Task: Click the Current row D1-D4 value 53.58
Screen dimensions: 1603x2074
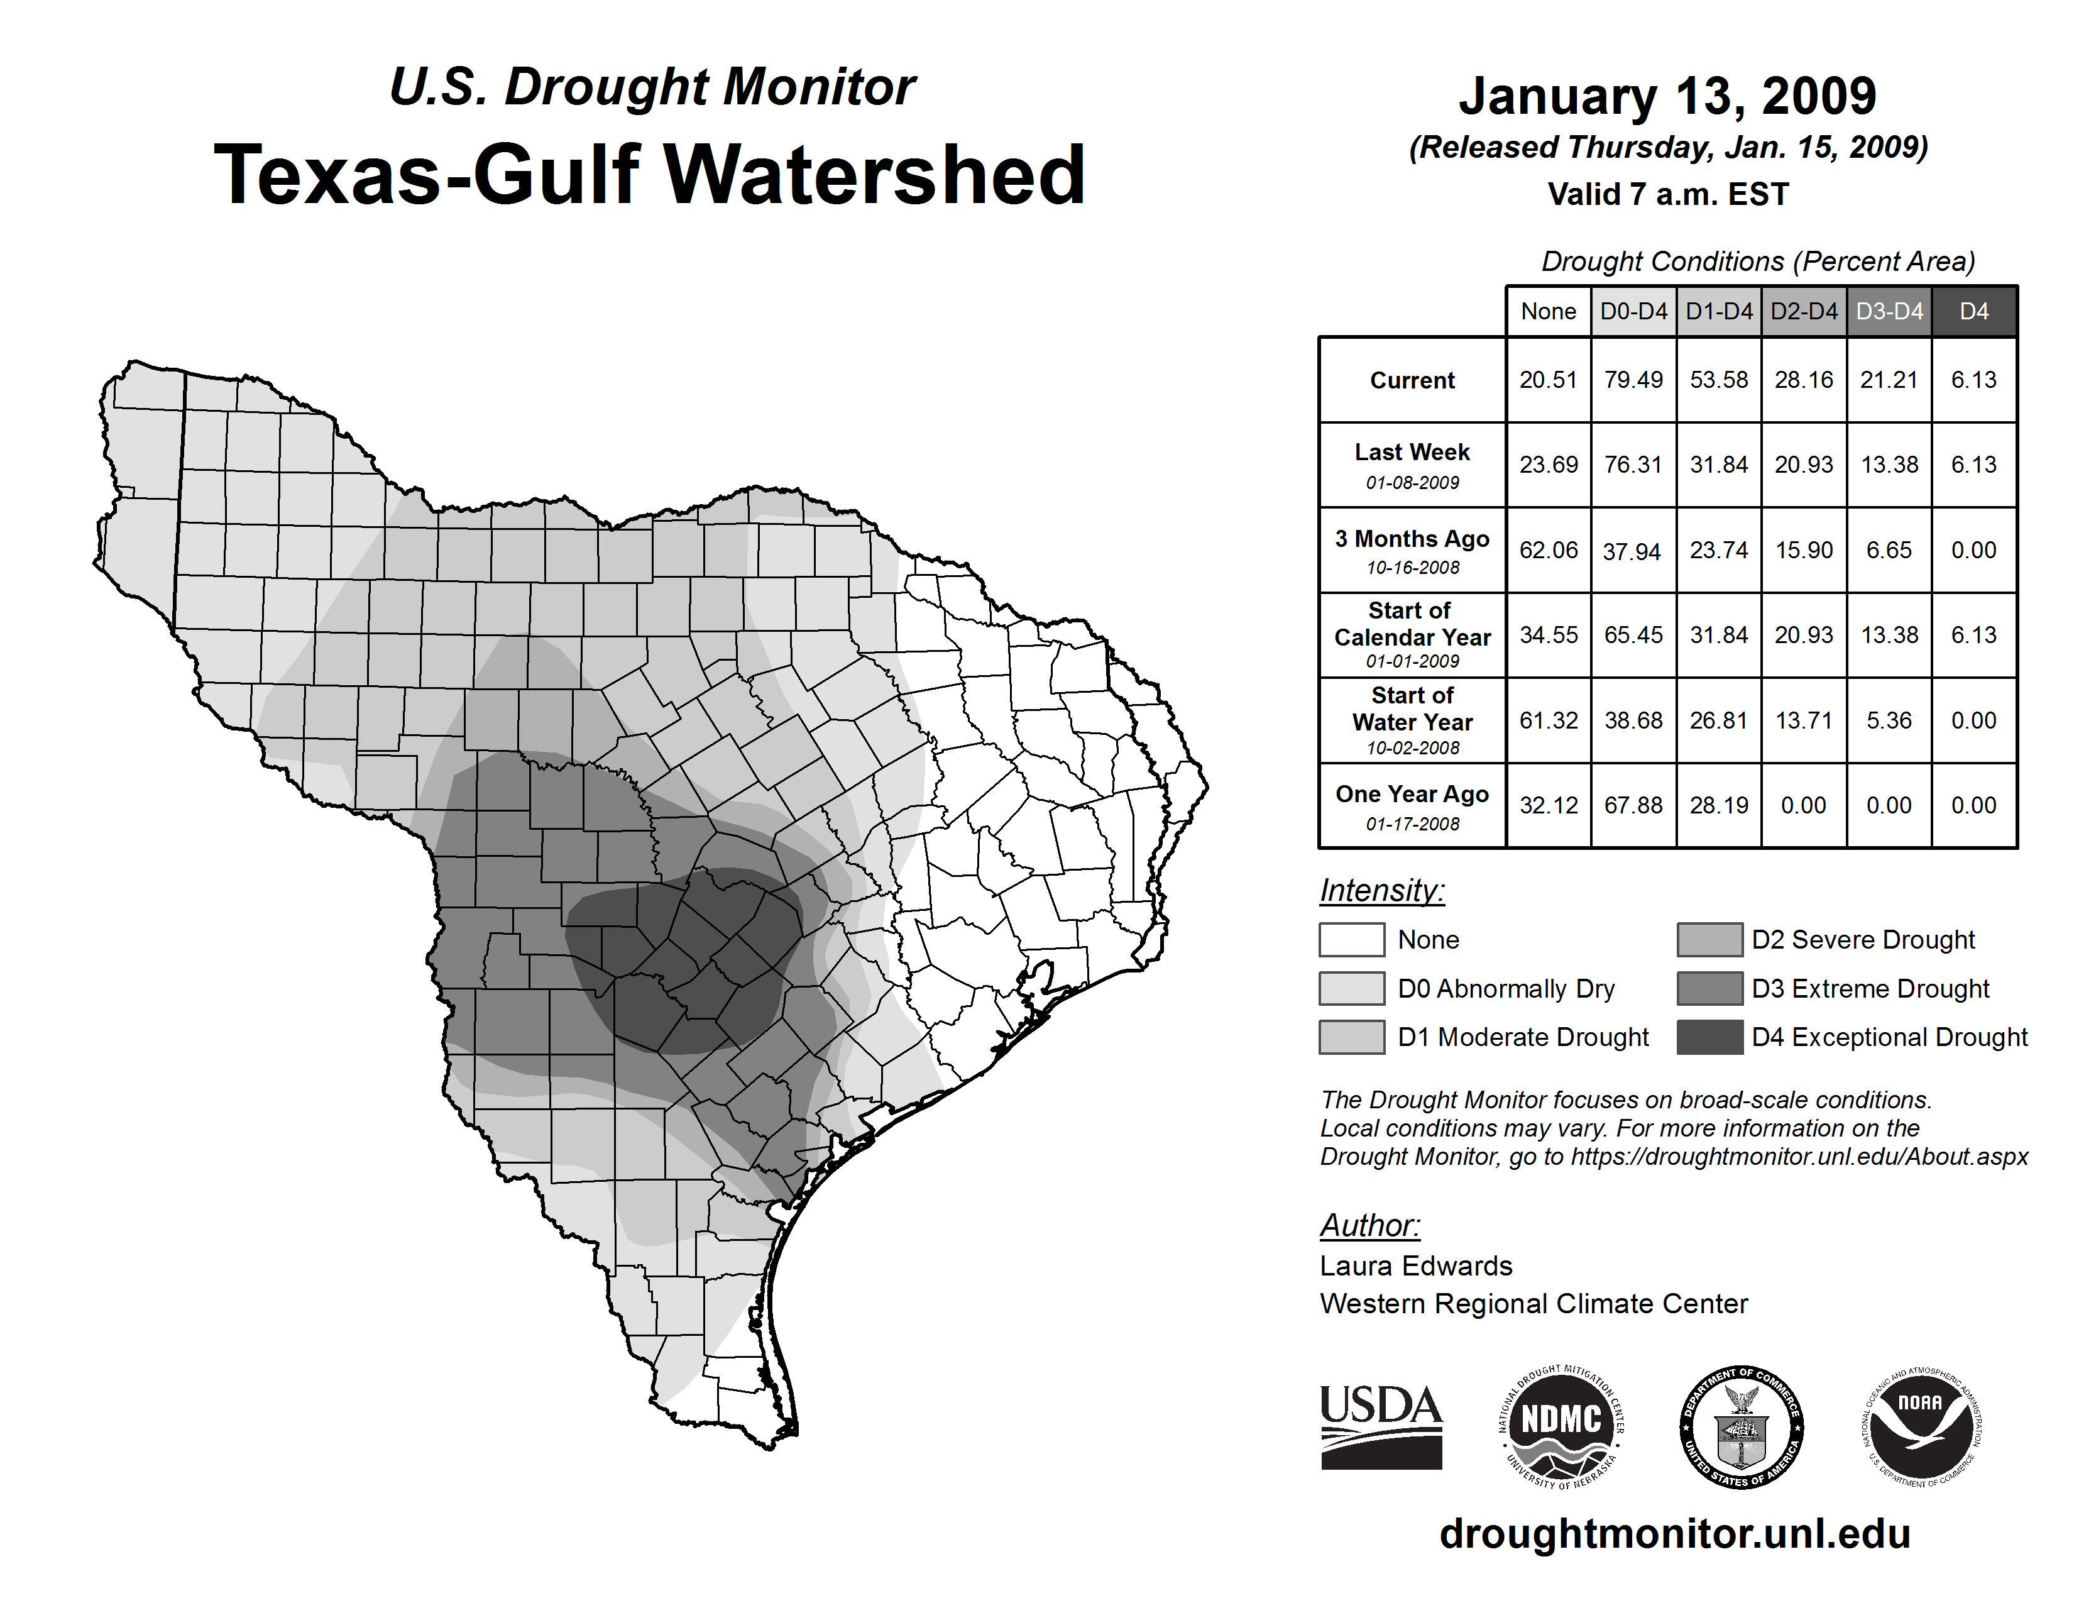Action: [x=1719, y=380]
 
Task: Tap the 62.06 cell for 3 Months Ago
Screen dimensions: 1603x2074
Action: [x=1548, y=550]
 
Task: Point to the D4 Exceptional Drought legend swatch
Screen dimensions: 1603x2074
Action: [x=1709, y=1037]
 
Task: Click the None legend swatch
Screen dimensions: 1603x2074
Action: [x=1351, y=939]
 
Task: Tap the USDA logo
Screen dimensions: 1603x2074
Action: [x=1381, y=1426]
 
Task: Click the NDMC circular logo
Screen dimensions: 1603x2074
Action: [x=1561, y=1426]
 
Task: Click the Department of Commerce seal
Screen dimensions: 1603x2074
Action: [x=1742, y=1426]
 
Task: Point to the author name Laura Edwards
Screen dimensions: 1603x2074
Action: [x=1416, y=1266]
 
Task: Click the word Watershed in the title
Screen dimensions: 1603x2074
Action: [x=874, y=175]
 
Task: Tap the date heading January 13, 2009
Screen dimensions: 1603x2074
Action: [x=1667, y=96]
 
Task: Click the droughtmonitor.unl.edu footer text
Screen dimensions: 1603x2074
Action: [x=1675, y=1534]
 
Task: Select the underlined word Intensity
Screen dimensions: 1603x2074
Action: [x=1381, y=891]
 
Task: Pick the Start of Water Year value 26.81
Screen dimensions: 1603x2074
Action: [x=1719, y=721]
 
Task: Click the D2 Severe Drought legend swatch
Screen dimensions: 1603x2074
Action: [x=1709, y=939]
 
